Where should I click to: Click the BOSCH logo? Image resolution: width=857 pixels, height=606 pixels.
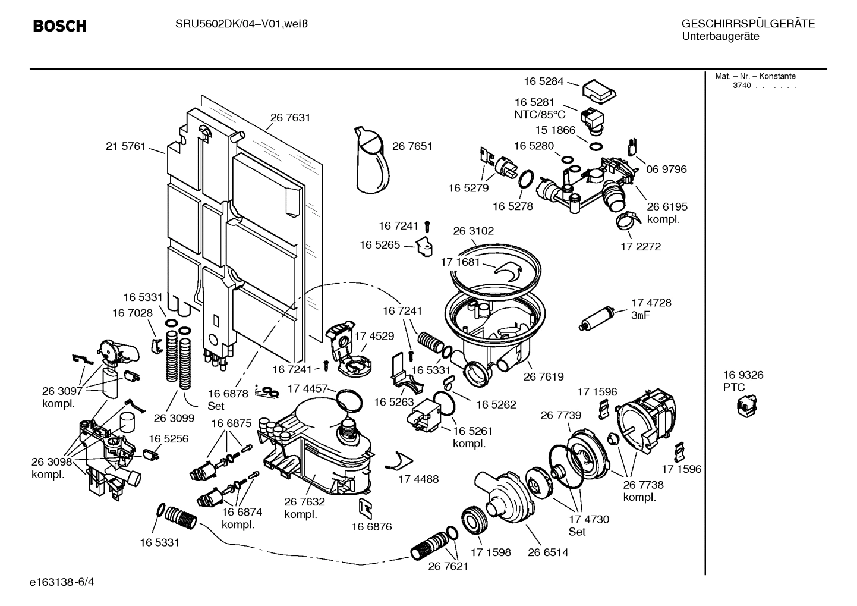point(59,26)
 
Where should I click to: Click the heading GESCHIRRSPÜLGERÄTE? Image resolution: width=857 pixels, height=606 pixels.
point(748,24)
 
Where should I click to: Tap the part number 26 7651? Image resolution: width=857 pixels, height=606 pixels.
point(412,146)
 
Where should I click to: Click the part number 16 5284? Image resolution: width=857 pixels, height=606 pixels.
point(543,81)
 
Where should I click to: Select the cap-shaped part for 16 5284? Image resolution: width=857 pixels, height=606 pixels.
point(598,90)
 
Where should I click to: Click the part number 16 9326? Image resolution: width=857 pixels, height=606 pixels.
point(743,375)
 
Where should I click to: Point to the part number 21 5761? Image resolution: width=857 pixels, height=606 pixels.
point(125,146)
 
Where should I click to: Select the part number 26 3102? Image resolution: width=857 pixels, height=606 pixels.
point(473,231)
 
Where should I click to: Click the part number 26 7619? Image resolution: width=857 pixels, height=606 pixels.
point(543,376)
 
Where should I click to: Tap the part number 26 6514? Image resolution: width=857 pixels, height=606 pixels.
point(547,552)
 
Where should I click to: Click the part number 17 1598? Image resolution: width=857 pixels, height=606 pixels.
point(490,552)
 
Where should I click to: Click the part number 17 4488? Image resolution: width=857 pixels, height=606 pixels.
point(418,479)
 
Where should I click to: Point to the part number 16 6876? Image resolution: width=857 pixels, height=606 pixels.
point(371,526)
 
